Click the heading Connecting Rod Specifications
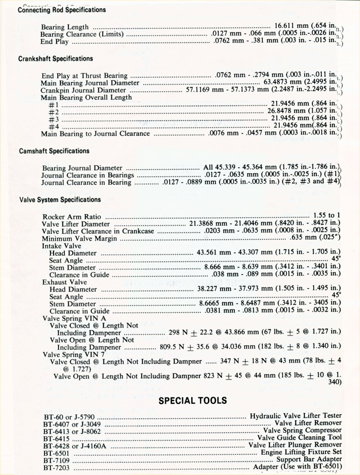(x=62, y=9)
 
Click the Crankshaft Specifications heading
(x=56, y=59)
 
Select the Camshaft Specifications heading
(x=54, y=151)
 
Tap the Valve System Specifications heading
(x=59, y=199)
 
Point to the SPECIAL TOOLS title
(x=193, y=400)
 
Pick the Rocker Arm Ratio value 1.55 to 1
(x=326, y=216)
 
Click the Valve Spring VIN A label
(x=68, y=318)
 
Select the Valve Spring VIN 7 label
(x=68, y=354)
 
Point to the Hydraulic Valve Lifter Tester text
(x=296, y=416)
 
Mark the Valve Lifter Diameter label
(x=75, y=224)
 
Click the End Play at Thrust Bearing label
(x=84, y=76)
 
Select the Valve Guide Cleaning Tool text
(x=300, y=437)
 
